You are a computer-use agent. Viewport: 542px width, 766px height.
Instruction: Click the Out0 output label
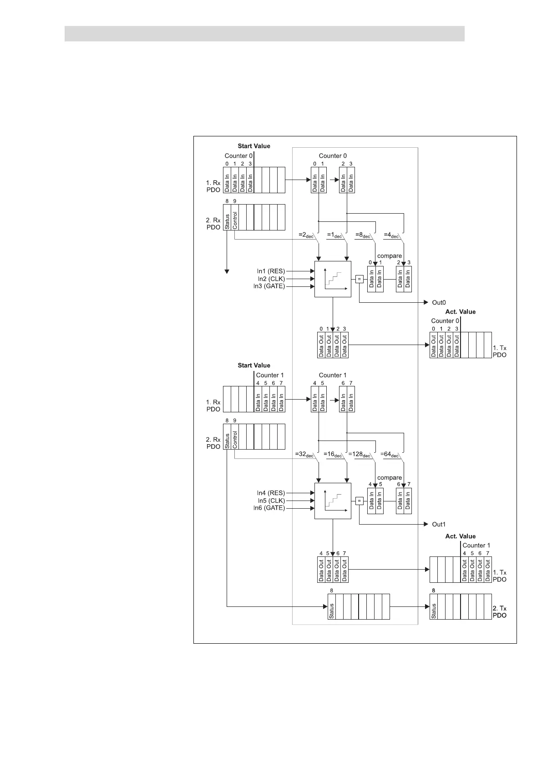coord(439,302)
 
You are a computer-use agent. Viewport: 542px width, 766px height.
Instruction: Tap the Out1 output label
coord(439,524)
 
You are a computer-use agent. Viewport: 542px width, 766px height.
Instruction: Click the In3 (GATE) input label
coord(269,286)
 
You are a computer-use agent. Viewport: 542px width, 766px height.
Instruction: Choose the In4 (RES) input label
coord(271,493)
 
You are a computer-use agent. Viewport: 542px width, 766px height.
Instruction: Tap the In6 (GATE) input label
coord(269,508)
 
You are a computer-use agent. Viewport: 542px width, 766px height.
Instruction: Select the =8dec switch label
coord(363,235)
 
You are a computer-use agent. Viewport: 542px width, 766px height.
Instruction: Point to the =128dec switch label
coord(360,455)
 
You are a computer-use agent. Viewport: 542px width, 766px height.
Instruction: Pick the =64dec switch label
coord(390,455)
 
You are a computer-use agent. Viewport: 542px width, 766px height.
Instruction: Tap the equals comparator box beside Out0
coord(359,280)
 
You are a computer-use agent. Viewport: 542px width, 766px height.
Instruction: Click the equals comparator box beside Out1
coord(359,501)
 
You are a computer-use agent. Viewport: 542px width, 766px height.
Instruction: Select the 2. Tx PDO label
coord(499,612)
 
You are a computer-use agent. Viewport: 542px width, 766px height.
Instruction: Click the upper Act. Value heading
coord(460,312)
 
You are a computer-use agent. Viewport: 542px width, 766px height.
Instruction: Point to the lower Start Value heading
coord(254,365)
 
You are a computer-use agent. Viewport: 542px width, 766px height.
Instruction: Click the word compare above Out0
coord(390,256)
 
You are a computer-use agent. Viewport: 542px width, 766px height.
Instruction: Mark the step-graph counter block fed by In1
coord(333,279)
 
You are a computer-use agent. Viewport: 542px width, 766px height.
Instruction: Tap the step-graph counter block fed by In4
coord(333,501)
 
